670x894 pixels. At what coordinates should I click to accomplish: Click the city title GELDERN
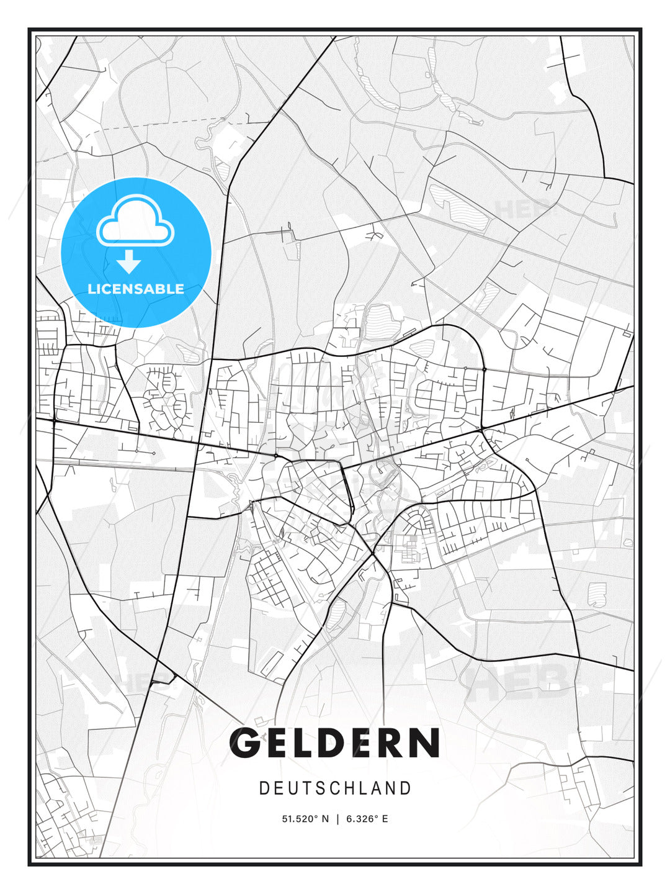(335, 743)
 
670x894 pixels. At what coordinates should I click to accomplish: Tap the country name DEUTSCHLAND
(335, 788)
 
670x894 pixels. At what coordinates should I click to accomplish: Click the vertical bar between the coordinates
(337, 819)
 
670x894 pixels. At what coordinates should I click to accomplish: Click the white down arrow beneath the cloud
(129, 261)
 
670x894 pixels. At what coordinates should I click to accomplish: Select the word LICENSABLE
(136, 289)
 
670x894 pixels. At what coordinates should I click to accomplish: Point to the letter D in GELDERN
(337, 743)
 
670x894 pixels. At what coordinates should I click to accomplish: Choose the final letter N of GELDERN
(427, 743)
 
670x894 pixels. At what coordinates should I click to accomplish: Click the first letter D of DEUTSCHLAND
(264, 788)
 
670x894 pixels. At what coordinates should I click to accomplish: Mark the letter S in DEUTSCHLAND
(321, 788)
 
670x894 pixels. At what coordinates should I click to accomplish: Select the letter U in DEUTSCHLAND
(292, 788)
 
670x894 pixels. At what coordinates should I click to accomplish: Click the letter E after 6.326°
(385, 819)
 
